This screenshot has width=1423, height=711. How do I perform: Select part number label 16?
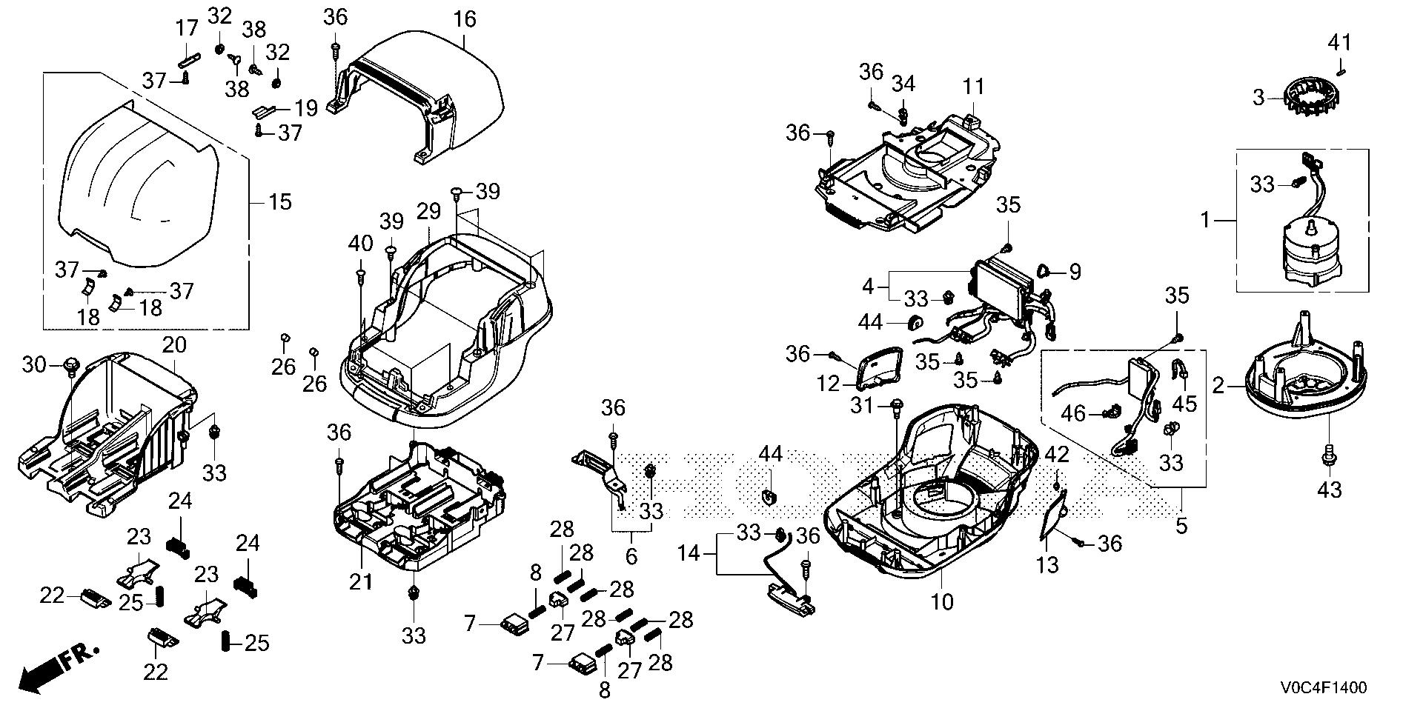[465, 19]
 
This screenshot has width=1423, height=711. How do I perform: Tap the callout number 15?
[279, 201]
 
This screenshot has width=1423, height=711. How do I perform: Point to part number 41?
[1339, 43]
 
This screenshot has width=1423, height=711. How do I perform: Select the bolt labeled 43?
[1328, 459]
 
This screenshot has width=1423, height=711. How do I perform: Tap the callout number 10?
[942, 601]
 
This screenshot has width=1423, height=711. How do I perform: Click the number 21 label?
[361, 583]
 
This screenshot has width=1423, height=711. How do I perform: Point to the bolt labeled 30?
[72, 364]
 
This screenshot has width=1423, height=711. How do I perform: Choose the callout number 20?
[175, 344]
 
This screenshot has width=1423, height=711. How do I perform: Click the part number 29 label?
[428, 213]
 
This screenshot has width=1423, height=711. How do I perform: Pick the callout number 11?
[973, 87]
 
